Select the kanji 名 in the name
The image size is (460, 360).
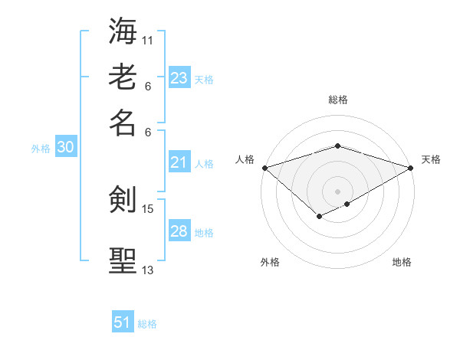(123, 123)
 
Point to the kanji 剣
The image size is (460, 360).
(123, 201)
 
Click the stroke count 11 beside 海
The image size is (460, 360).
(148, 40)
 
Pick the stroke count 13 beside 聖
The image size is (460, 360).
(148, 270)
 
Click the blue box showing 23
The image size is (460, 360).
(179, 78)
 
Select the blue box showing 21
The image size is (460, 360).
(179, 162)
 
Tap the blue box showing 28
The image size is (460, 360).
(179, 231)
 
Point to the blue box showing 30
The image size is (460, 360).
(65, 148)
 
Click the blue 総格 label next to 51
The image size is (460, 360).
(147, 324)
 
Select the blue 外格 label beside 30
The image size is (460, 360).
(40, 149)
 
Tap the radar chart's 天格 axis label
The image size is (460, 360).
(431, 159)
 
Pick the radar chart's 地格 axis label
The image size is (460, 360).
(402, 262)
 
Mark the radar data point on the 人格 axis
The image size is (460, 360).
(264, 167)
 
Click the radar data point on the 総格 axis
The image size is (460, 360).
(337, 146)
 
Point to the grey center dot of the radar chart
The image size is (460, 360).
(337, 190)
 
